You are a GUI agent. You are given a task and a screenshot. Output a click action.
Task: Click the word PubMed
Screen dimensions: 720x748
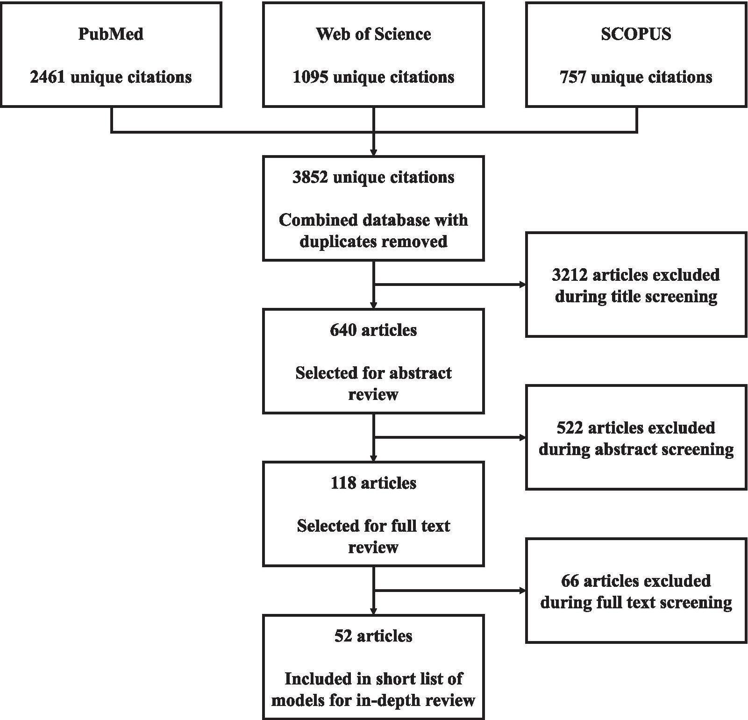tap(111, 34)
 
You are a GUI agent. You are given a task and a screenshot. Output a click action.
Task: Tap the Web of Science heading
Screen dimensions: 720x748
tap(373, 34)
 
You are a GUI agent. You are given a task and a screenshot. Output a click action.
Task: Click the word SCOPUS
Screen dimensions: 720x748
tap(636, 34)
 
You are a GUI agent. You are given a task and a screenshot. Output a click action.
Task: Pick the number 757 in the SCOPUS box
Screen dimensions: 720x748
tap(573, 77)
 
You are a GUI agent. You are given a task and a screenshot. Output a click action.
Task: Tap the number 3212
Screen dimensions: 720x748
tap(570, 275)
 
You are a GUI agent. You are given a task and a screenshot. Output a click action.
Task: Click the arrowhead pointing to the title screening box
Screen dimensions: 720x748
tap(522, 285)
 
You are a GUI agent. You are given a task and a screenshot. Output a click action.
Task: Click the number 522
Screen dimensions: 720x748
tap(570, 428)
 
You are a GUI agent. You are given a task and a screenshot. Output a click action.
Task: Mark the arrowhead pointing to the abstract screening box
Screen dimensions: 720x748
tap(522, 438)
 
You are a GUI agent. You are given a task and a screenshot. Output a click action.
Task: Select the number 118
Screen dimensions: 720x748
tap(343, 483)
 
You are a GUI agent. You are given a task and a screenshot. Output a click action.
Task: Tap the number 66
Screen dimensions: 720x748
tap(570, 581)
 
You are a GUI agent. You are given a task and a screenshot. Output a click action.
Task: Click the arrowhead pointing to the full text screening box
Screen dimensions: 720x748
tap(522, 591)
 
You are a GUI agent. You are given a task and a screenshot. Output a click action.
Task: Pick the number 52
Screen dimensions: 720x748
tap(343, 636)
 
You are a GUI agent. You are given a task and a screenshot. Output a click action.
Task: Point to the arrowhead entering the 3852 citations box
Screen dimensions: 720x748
tap(373, 152)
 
